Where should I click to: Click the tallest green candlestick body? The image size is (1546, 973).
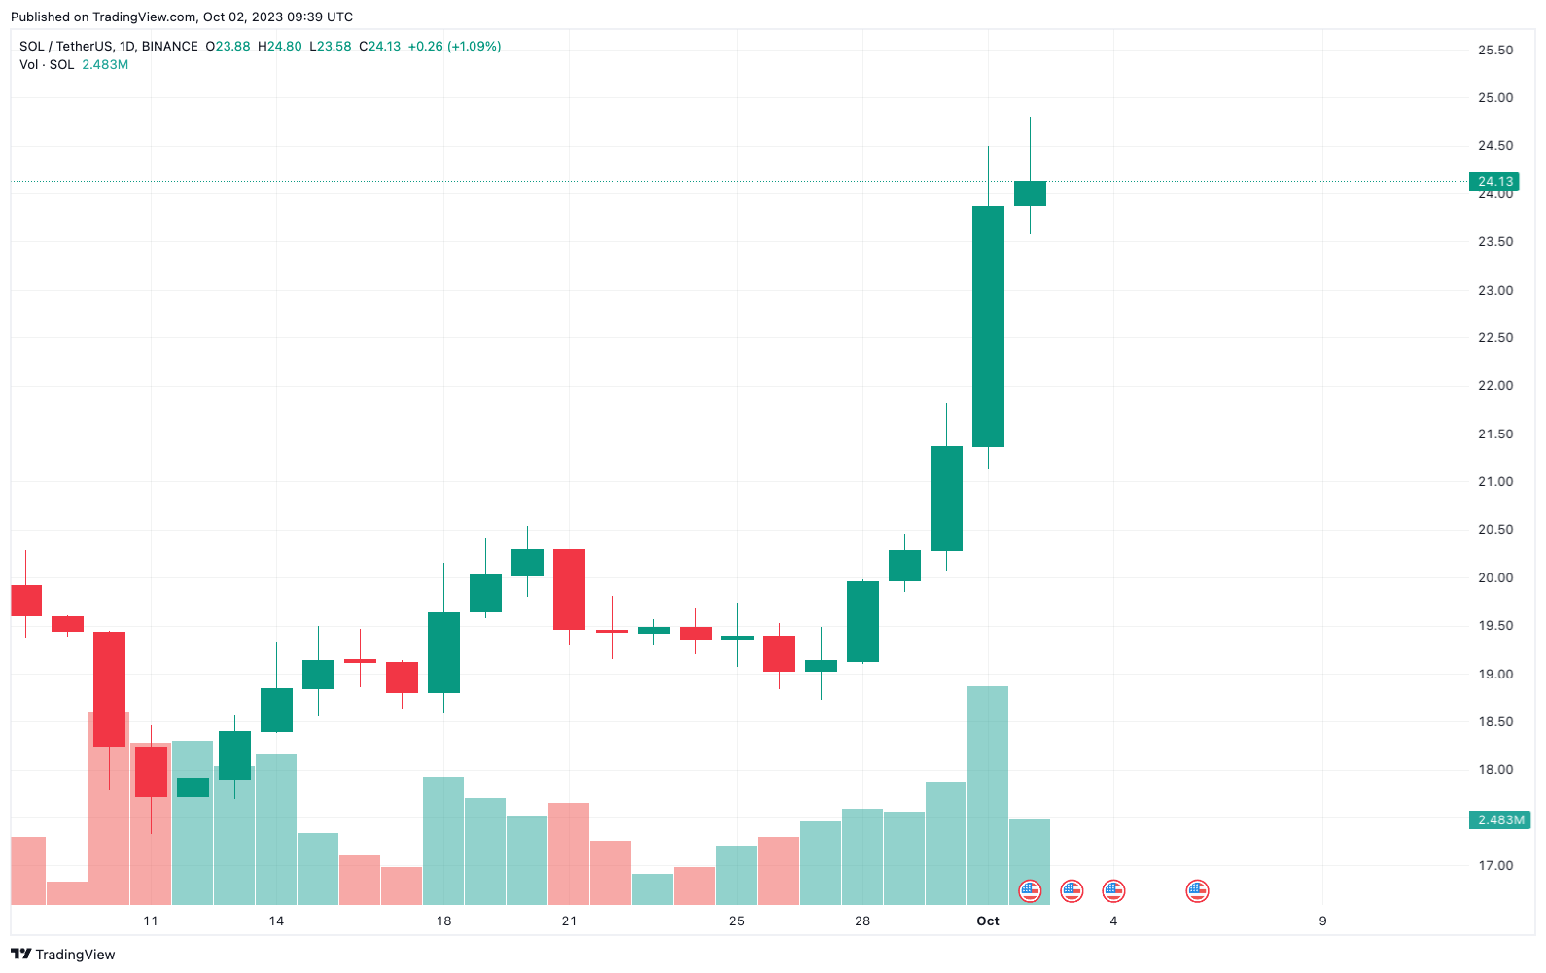[988, 327]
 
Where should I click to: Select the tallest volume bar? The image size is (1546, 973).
[988, 795]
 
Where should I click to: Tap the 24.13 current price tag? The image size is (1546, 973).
[1494, 181]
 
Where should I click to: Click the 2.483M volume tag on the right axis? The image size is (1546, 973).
[1500, 820]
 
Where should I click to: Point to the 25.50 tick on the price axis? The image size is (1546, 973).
[1495, 51]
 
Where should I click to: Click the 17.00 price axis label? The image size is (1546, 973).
[1495, 865]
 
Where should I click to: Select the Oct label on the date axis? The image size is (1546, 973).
[988, 921]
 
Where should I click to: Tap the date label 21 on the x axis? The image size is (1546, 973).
[569, 921]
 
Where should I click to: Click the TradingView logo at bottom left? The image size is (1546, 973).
[63, 955]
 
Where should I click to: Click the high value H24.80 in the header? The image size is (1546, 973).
[280, 46]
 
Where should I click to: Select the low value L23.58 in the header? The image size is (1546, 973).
[331, 46]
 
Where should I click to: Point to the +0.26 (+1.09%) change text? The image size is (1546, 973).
[454, 46]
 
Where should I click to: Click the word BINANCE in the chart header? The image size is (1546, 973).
[170, 46]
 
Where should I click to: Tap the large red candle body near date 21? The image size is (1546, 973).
[569, 589]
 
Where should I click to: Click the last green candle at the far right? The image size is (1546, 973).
[1030, 193]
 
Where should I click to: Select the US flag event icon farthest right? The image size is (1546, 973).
[1197, 890]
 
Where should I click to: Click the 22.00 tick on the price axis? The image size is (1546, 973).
[1495, 386]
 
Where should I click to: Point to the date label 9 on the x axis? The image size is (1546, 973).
[1322, 921]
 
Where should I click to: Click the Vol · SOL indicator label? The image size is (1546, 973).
[47, 65]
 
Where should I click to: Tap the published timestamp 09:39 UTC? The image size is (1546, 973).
[320, 17]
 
